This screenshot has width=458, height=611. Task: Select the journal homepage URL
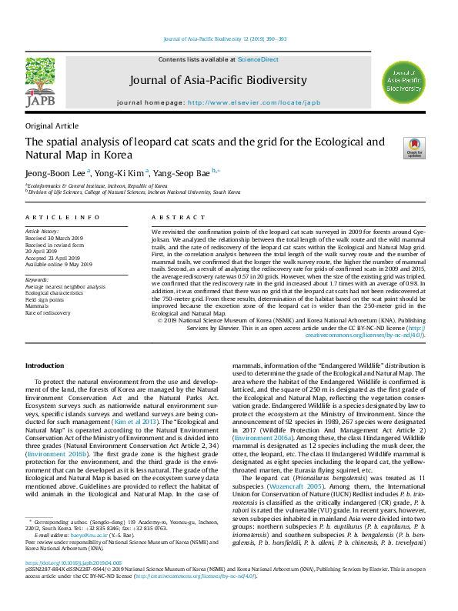point(253,102)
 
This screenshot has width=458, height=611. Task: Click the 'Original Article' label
point(52,125)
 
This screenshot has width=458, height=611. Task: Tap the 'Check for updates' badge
point(393,147)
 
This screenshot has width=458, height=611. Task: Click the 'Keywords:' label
point(37,279)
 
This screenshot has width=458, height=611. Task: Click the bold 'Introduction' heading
point(45,365)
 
